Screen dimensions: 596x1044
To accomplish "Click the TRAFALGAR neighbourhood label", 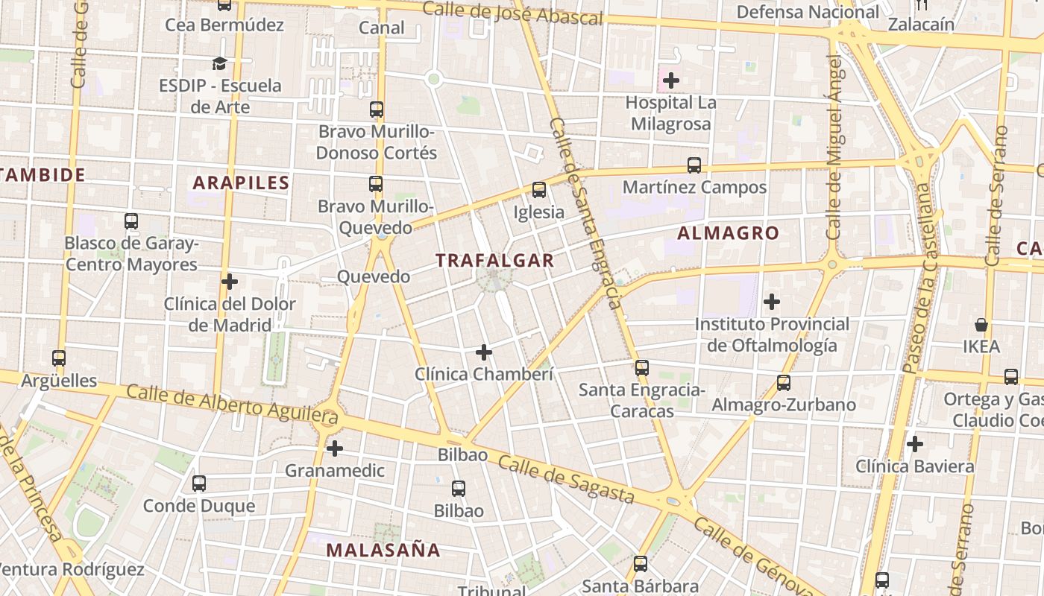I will pos(494,260).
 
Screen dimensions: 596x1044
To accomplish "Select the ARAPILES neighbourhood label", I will pos(241,183).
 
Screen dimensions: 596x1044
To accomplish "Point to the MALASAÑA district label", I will pos(383,551).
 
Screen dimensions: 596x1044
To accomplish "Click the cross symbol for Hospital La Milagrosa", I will pos(671,80).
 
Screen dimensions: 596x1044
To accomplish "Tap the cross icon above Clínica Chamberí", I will pos(484,352).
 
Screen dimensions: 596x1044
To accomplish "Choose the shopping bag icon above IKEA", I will pos(981,325).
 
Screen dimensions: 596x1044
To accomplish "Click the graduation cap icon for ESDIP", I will pos(219,63).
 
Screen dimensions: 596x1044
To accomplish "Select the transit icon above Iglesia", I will pos(539,190).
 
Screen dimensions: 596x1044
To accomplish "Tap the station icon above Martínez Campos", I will pos(694,165).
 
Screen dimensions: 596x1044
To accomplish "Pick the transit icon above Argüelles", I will pos(59,358).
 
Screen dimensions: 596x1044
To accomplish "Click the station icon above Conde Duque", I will pos(199,484).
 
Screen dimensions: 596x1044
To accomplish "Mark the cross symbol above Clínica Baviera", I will pos(915,445).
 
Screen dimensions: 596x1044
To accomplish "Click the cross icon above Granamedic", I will pos(335,448).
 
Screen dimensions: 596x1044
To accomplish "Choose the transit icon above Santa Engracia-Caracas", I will pos(642,367).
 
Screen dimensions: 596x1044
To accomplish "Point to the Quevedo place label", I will pos(374,277).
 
